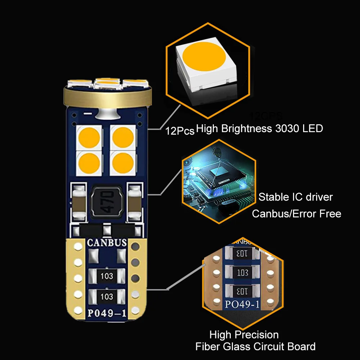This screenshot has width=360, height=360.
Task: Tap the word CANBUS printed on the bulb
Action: tap(107, 243)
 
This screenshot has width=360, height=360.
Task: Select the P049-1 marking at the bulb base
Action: tap(107, 313)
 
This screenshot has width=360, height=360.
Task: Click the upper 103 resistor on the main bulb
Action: tap(107, 276)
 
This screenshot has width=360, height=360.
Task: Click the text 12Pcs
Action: tap(180, 131)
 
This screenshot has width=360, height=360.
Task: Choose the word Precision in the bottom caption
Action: tap(256, 335)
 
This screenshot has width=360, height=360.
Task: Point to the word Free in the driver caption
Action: tap(329, 214)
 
